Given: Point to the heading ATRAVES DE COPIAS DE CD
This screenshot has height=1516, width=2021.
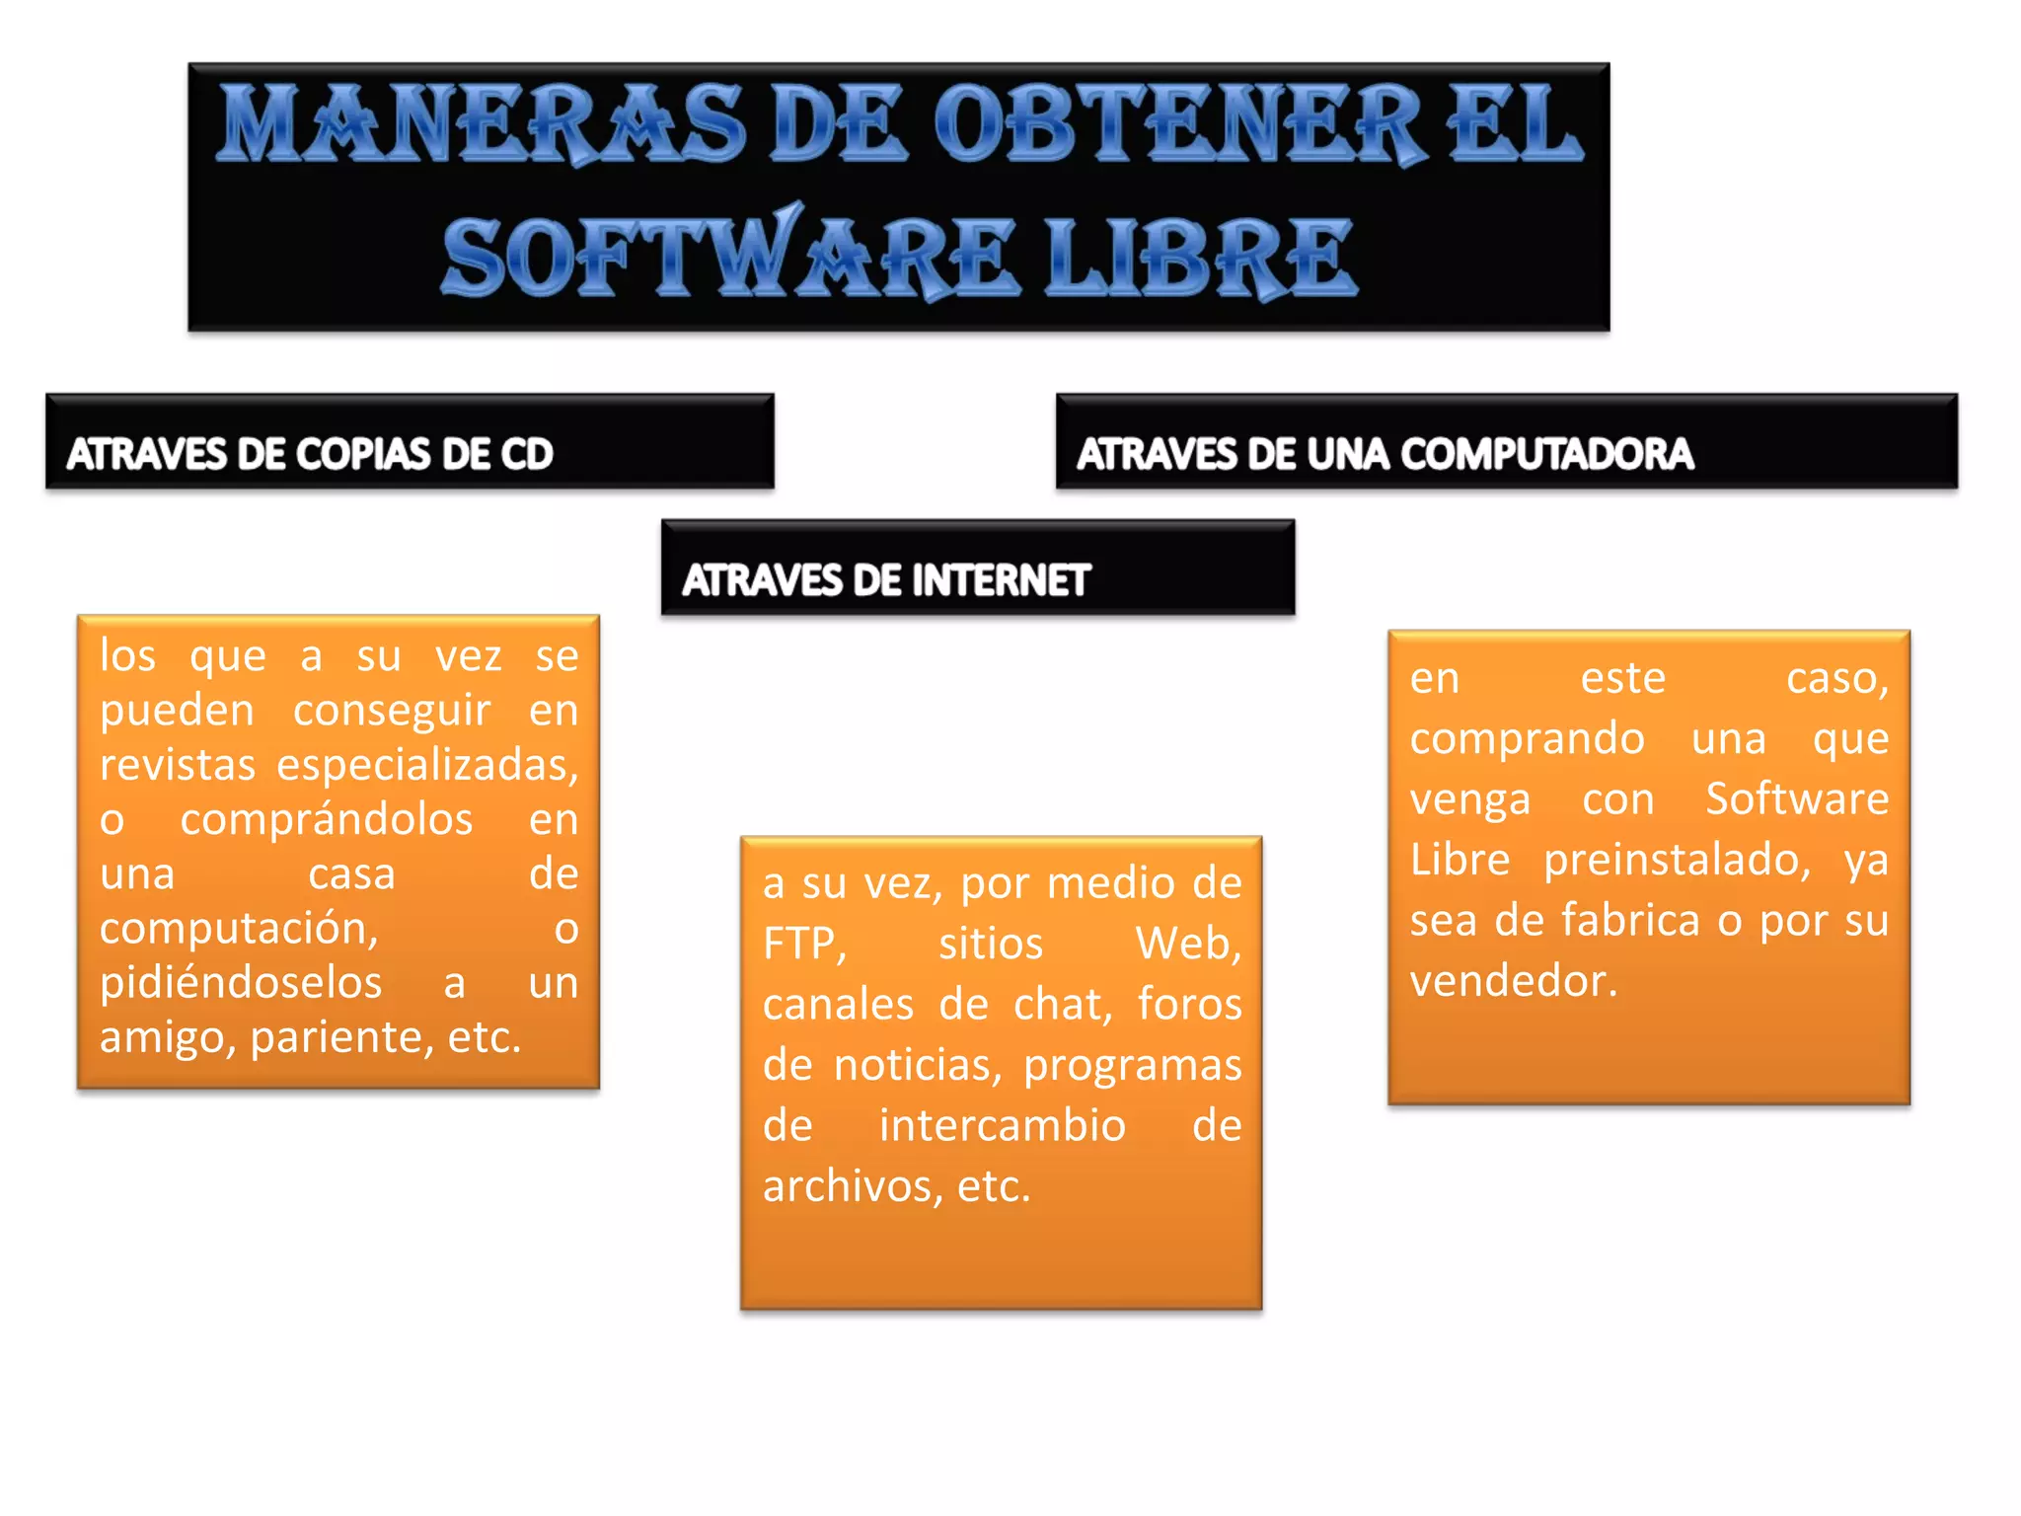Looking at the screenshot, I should [x=310, y=454].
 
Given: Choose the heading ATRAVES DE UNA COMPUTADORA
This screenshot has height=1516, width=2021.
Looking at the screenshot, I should [x=1385, y=454].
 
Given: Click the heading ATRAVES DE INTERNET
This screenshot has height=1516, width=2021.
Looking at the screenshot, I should [x=885, y=580].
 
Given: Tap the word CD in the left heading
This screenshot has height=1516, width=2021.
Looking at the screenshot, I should [x=526, y=454].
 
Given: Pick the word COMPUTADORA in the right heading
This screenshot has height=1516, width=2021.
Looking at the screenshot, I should [x=1546, y=454].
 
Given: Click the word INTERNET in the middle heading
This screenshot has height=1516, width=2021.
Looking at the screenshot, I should [x=1001, y=580].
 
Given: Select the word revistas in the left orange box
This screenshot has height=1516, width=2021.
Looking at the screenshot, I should [x=178, y=765].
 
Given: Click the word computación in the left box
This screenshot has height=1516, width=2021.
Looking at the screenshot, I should [x=239, y=929].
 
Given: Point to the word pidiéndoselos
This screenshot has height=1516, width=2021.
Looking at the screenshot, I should [x=241, y=983].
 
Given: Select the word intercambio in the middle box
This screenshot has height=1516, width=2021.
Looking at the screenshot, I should [x=1003, y=1125].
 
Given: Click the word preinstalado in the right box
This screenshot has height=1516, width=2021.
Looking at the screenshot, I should [x=1677, y=861].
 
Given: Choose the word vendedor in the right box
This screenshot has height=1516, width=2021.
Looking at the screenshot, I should [x=1513, y=981].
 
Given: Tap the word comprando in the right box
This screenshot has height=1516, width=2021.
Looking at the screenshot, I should [x=1527, y=739].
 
